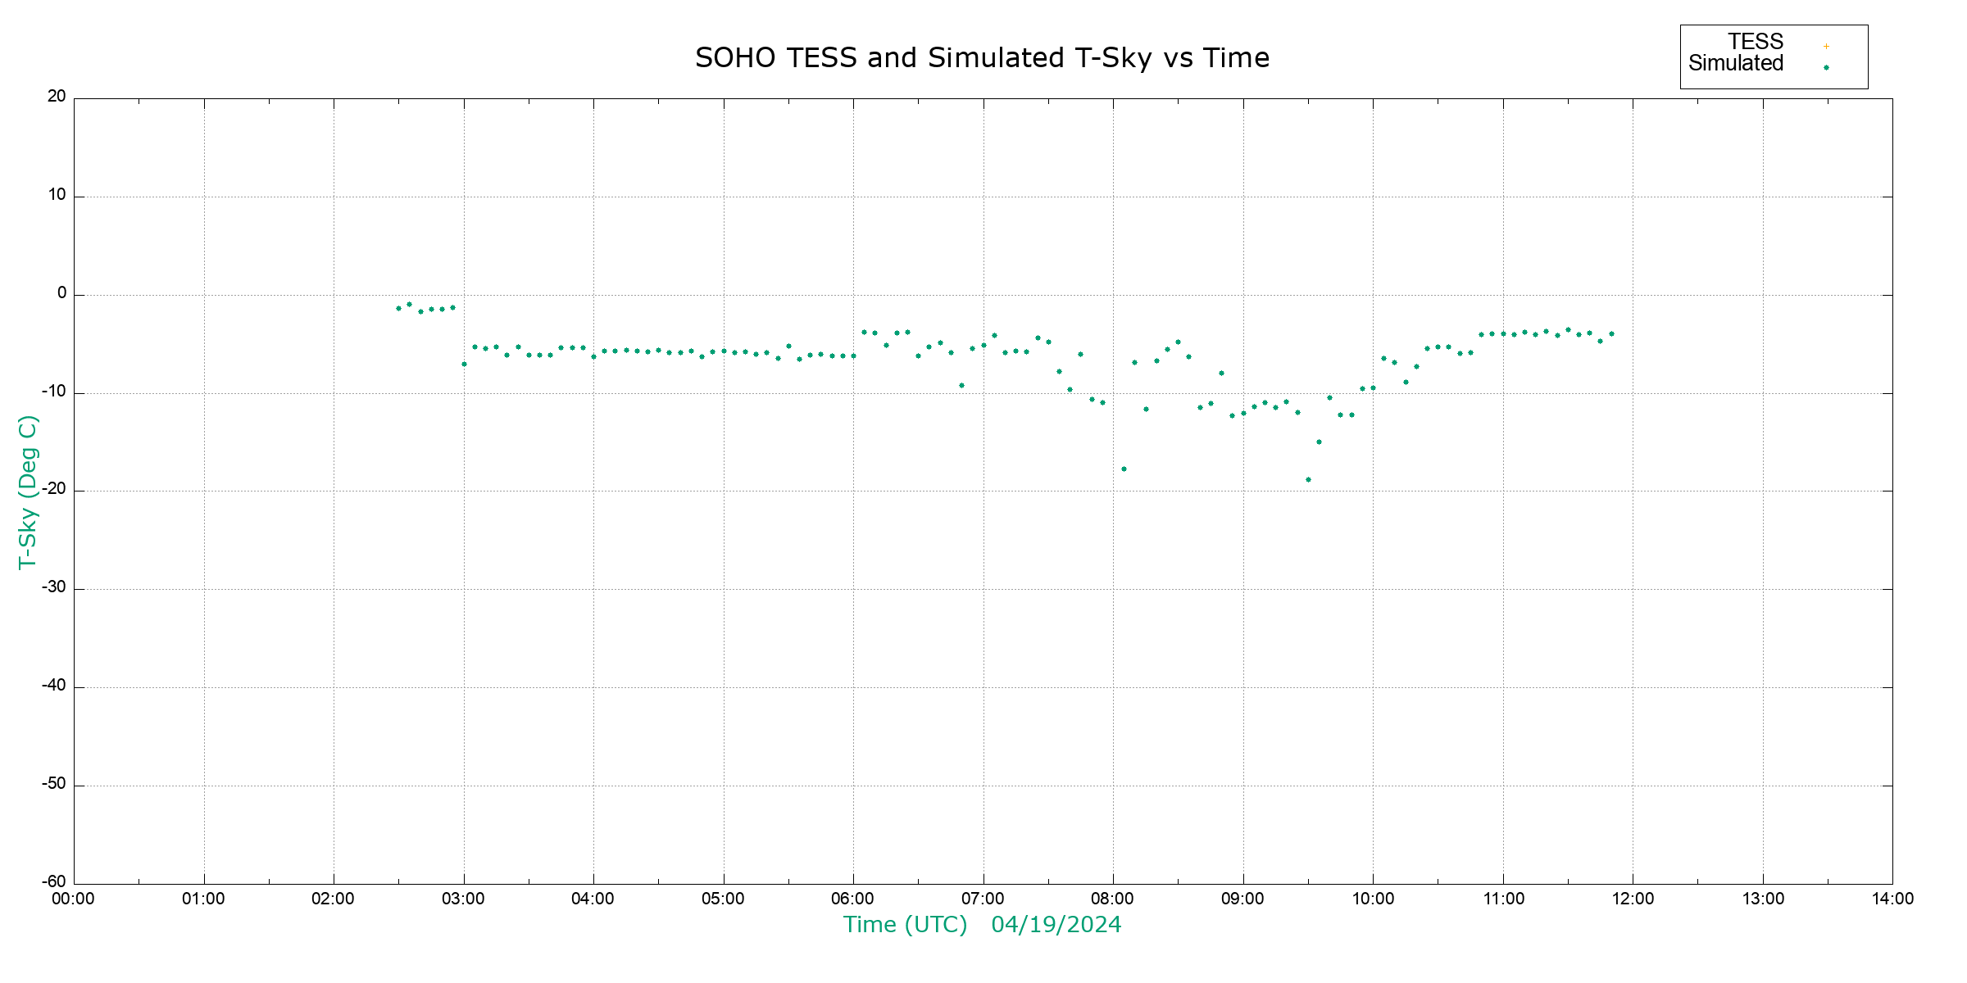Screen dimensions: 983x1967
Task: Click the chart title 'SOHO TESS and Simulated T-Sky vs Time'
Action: [x=982, y=58]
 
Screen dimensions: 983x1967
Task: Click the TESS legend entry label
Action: [x=1756, y=42]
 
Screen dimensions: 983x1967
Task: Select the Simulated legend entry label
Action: [x=1736, y=64]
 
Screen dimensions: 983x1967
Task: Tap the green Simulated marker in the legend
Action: [x=1826, y=68]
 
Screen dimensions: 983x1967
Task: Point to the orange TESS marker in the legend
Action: [x=1826, y=47]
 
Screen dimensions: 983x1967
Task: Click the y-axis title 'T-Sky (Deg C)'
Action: [x=28, y=491]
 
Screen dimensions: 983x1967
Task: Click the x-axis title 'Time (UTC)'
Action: [x=905, y=925]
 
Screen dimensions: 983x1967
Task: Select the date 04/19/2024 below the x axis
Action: [x=1056, y=925]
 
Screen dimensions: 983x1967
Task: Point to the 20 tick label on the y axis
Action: [x=57, y=97]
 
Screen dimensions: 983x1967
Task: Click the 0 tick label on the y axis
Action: [x=61, y=293]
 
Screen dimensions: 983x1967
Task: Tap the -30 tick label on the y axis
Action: [x=54, y=587]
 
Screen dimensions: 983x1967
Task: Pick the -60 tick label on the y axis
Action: [x=54, y=881]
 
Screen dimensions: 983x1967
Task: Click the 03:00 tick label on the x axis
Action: [x=463, y=899]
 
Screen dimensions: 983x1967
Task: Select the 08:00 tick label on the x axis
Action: [x=1112, y=899]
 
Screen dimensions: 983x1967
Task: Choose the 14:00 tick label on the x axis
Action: [x=1892, y=899]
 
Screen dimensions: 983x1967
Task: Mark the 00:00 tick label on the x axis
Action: [x=74, y=899]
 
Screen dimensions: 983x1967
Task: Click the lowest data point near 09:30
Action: [x=1308, y=480]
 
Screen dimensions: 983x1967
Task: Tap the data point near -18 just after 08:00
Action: [x=1124, y=469]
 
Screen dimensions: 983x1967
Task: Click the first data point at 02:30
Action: [x=398, y=309]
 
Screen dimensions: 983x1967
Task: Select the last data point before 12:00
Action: [x=1611, y=334]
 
